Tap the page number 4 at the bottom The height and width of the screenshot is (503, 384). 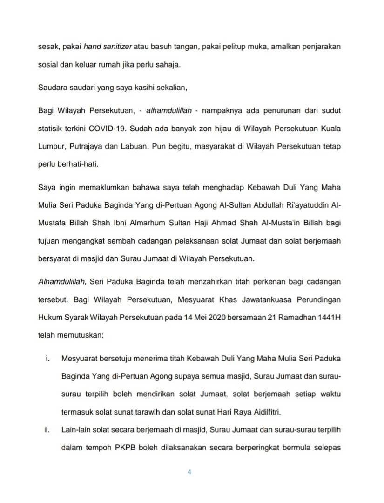[x=189, y=471]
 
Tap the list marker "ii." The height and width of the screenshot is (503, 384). [x=47, y=430]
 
